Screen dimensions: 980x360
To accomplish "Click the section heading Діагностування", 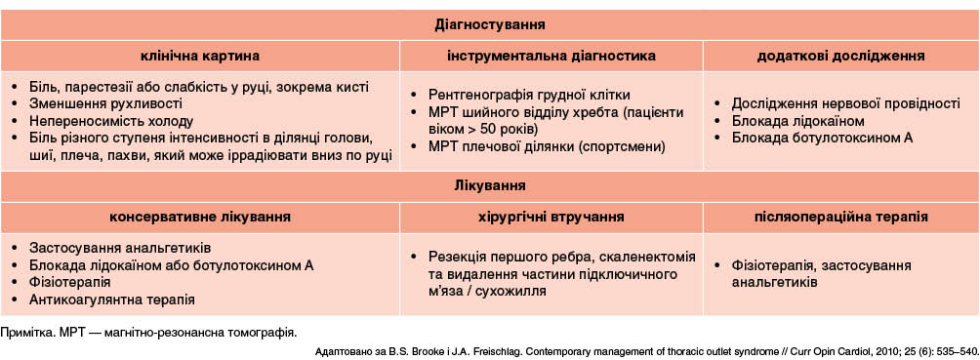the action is (x=489, y=25).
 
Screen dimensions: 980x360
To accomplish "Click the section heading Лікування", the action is (x=489, y=185).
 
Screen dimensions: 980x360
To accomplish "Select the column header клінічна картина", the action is (x=199, y=56).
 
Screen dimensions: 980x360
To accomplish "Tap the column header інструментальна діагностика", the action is (x=551, y=56).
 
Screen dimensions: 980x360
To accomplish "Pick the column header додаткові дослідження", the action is (x=841, y=56).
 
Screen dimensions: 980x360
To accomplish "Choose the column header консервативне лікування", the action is (x=199, y=218).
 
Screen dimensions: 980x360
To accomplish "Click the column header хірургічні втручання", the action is (x=551, y=218).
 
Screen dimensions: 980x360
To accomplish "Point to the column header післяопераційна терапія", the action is (x=841, y=218).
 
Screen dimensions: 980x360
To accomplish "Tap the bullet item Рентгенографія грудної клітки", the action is (x=529, y=95).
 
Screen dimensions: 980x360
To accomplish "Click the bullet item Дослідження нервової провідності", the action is (x=845, y=103).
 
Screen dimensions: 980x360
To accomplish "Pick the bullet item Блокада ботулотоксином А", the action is (x=822, y=138).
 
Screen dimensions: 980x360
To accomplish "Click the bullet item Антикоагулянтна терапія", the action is (x=112, y=300).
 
